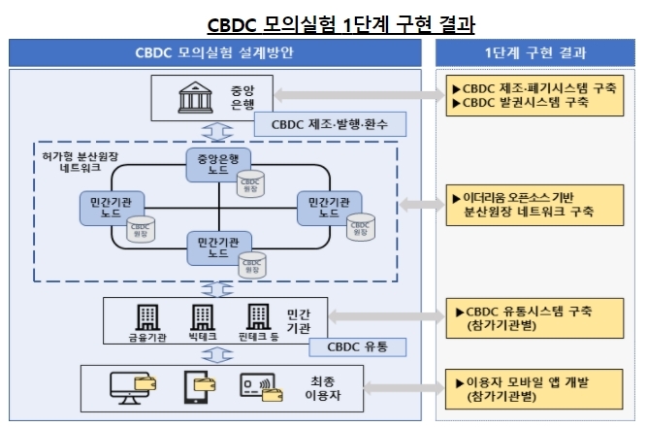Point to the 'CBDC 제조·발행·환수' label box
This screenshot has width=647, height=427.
pyautogui.click(x=330, y=125)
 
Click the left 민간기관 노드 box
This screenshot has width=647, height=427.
pyautogui.click(x=104, y=206)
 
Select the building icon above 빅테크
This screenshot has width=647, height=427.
pyautogui.click(x=202, y=317)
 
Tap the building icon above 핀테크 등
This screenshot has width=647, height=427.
pyautogui.click(x=259, y=317)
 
